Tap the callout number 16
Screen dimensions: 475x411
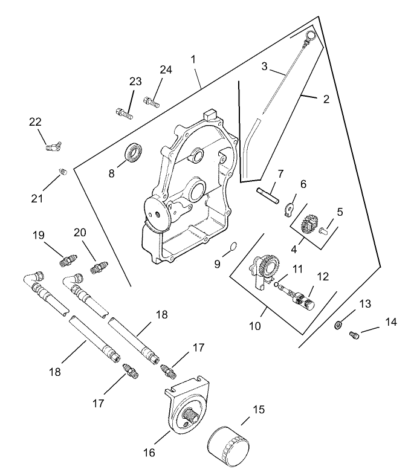click(149, 452)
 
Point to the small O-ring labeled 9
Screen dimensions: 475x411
click(233, 247)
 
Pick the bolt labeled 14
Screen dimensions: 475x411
click(355, 335)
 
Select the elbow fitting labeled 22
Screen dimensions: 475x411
click(54, 146)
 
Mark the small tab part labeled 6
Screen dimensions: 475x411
click(290, 209)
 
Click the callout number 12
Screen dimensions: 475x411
click(322, 276)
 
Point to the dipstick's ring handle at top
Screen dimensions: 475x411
click(309, 37)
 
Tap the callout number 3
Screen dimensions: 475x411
click(264, 66)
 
